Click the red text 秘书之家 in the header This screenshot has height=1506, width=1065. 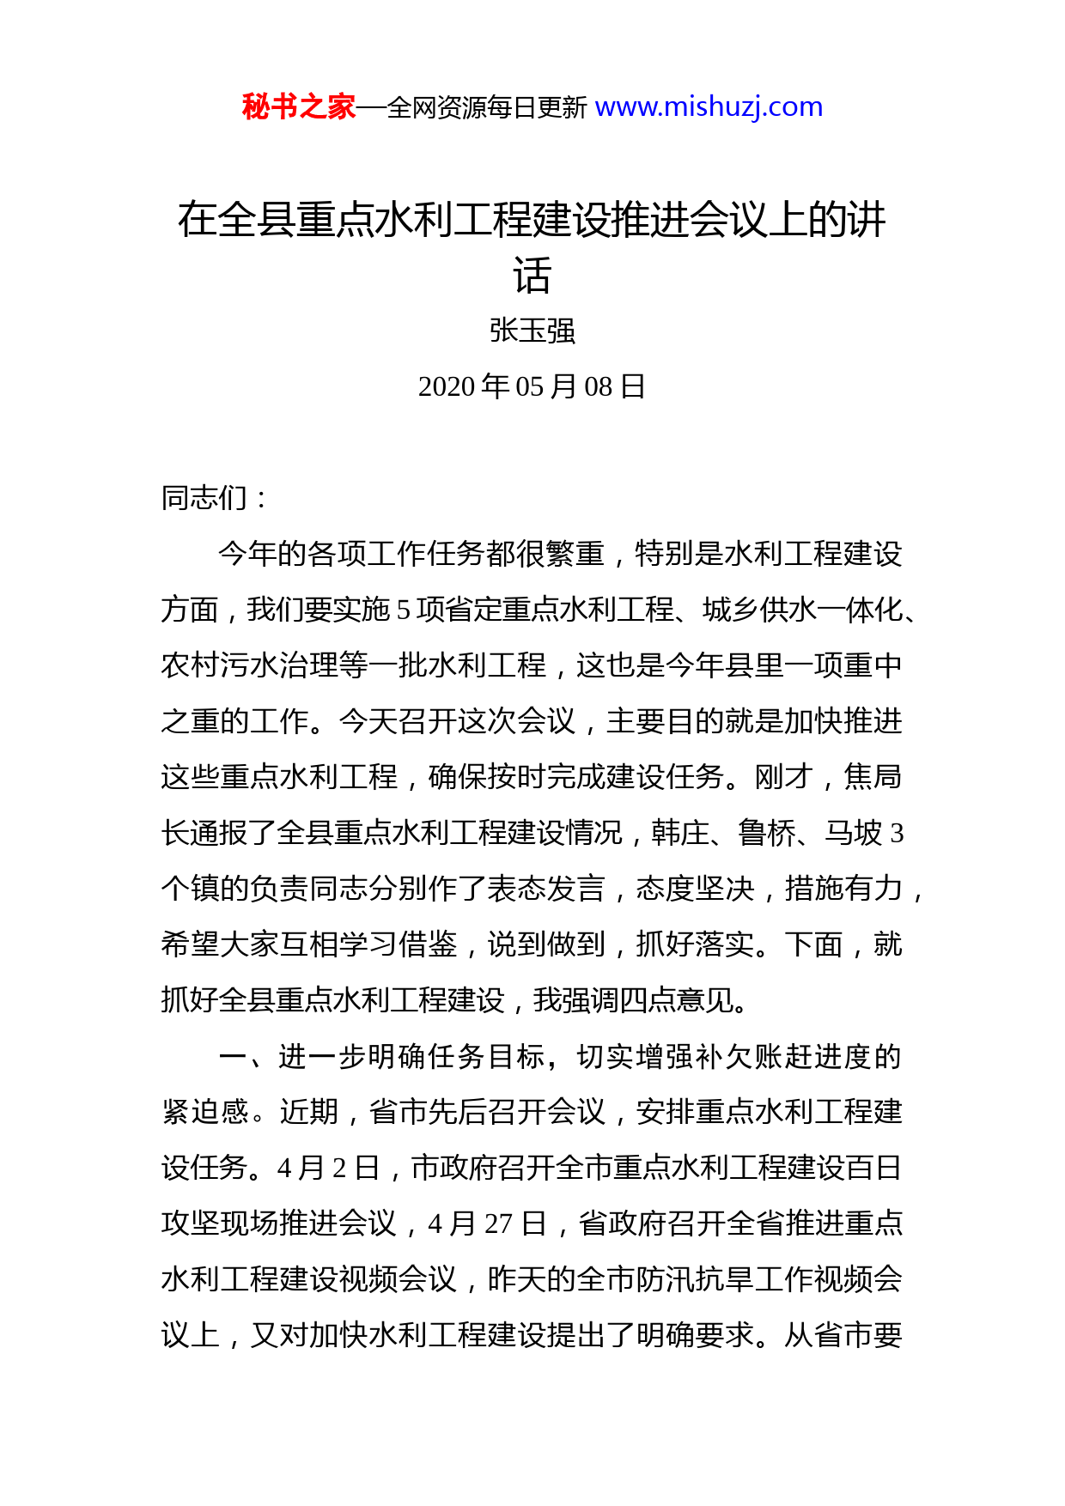click(x=298, y=107)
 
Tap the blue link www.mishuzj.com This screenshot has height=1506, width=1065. click(x=709, y=107)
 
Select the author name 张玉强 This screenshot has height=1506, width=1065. click(x=532, y=331)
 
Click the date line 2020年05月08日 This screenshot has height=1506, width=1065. click(x=532, y=386)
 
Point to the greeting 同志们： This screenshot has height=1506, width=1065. click(x=215, y=498)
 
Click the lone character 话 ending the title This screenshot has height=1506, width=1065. click(x=532, y=276)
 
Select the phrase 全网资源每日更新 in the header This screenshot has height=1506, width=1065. click(x=487, y=108)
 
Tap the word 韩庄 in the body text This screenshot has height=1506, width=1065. click(x=680, y=833)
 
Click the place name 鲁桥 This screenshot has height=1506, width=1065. click(x=767, y=833)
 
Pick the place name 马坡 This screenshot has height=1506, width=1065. click(x=853, y=833)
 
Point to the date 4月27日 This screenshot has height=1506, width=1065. click(x=487, y=1224)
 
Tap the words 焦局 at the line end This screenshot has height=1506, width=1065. click(x=873, y=777)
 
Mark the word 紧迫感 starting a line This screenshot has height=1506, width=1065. click(x=205, y=1112)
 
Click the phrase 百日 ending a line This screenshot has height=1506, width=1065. click(x=873, y=1168)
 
